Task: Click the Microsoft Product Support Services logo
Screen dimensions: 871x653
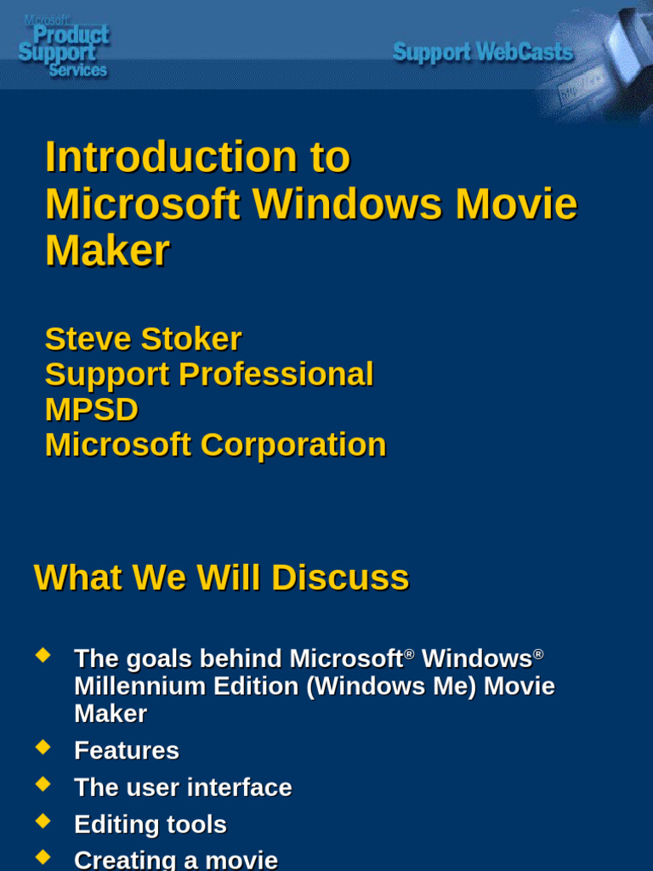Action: point(64,46)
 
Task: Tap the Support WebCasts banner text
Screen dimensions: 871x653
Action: point(483,53)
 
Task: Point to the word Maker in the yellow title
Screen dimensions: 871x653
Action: point(107,251)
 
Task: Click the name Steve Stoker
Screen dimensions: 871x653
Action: point(143,339)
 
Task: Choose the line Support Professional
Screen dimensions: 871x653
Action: point(209,374)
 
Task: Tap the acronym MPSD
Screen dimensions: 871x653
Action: point(91,410)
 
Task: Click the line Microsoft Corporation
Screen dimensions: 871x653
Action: point(215,445)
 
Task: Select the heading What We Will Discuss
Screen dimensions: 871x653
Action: point(221,578)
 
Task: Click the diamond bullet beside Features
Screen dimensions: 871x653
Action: point(43,748)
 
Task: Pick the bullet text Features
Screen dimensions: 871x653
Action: point(127,750)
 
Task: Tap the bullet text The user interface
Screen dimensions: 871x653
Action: point(183,788)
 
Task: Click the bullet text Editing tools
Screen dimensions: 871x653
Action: point(150,824)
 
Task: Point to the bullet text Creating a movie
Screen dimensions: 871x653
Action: point(176,860)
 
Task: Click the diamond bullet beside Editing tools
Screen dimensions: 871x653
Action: point(43,822)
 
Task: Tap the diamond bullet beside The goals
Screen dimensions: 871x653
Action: point(43,656)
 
